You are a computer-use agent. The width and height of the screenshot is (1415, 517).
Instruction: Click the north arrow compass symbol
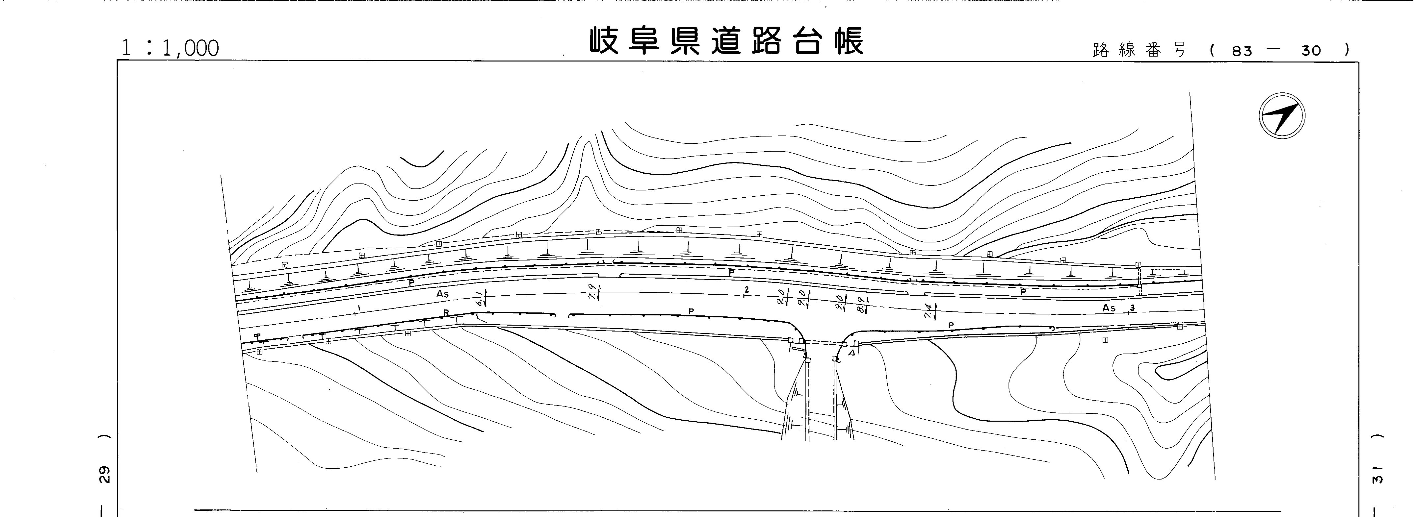pyautogui.click(x=1281, y=116)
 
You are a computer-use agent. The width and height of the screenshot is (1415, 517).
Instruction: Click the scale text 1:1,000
pyautogui.click(x=170, y=48)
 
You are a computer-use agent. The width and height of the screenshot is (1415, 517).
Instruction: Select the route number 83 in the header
pyautogui.click(x=1242, y=51)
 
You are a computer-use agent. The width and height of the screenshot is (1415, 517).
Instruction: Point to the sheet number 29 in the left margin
pyautogui.click(x=104, y=474)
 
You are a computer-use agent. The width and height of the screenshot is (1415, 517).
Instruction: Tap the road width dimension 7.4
pyautogui.click(x=927, y=312)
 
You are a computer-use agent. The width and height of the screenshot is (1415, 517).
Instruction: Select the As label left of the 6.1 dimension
pyautogui.click(x=442, y=294)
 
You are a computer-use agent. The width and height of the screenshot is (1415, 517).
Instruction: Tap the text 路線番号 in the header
pyautogui.click(x=1140, y=51)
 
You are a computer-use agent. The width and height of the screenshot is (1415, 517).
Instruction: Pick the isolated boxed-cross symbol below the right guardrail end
pyautogui.click(x=1105, y=340)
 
